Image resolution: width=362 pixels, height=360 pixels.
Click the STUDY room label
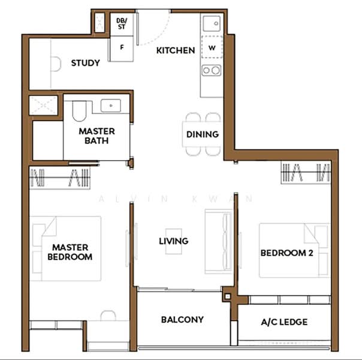(86, 63)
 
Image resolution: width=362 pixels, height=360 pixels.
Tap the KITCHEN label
(176, 50)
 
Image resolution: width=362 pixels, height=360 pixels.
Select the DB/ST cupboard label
(122, 24)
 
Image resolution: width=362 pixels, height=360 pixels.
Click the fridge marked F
(122, 49)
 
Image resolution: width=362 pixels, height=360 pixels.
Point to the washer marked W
(212, 47)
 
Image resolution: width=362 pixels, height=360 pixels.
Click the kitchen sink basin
(212, 23)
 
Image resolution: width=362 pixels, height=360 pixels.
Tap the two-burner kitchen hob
(211, 70)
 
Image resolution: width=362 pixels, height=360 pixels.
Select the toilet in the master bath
(79, 111)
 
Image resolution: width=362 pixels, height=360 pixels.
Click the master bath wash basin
(111, 106)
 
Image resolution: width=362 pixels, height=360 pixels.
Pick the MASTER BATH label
(96, 136)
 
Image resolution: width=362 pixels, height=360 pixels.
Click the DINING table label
(203, 134)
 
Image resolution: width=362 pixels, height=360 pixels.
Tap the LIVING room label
(174, 241)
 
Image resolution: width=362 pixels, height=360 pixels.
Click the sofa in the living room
(219, 242)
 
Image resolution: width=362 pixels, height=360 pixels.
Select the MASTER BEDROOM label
(70, 252)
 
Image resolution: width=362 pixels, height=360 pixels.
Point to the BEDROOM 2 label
(286, 253)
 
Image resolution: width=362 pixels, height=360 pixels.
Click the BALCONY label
(182, 320)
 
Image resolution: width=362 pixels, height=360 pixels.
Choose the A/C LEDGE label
(284, 322)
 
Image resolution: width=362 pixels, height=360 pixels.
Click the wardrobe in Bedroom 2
(306, 172)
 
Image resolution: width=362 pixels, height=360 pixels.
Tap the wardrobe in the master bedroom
(59, 178)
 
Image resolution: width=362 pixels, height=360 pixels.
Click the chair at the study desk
(56, 64)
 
